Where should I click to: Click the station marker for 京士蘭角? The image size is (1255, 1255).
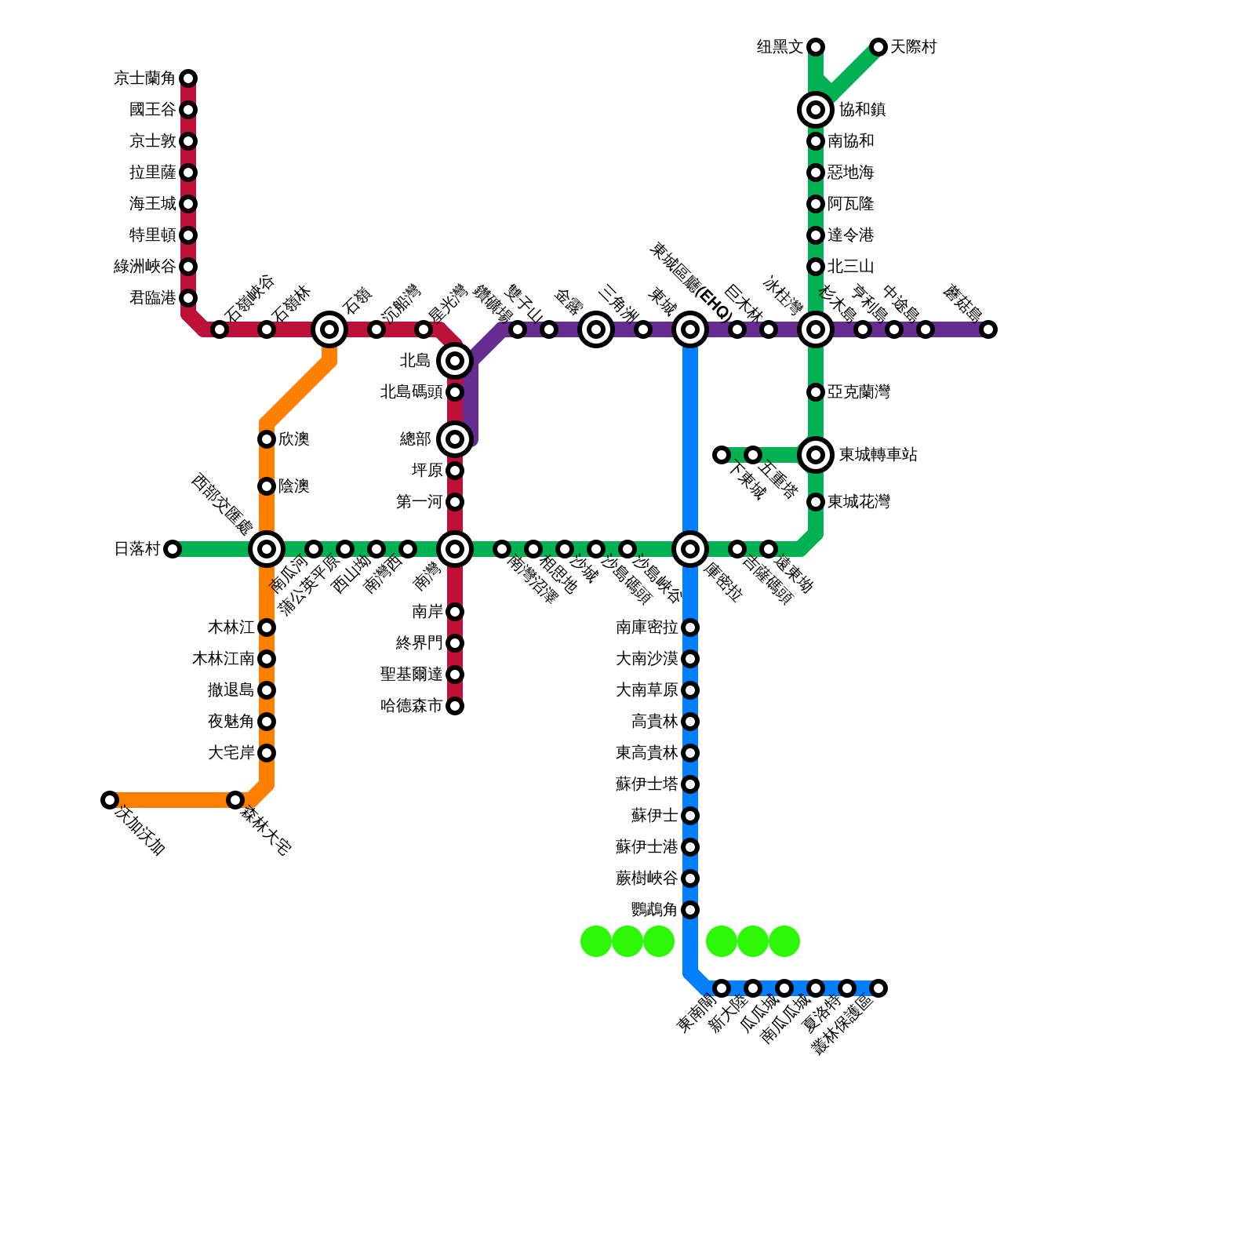[188, 78]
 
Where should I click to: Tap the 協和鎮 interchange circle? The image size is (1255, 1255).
[816, 110]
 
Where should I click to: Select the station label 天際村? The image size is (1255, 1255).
[913, 47]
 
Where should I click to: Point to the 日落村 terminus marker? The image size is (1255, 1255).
[173, 549]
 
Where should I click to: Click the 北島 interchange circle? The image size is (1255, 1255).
[455, 361]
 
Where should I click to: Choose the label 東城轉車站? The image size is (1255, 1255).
[878, 455]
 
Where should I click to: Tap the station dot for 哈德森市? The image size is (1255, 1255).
[455, 706]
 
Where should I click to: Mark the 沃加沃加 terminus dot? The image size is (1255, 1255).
[110, 800]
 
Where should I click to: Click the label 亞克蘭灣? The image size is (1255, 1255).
[858, 392]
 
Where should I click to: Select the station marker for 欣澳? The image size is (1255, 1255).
[267, 439]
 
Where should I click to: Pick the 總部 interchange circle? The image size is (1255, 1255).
[455, 439]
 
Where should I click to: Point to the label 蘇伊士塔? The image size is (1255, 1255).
[646, 784]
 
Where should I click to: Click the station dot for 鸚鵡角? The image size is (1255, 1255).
[690, 910]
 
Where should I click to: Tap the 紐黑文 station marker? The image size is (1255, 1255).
[816, 47]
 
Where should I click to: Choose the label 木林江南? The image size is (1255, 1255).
[224, 659]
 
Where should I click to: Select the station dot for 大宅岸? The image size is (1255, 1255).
[267, 753]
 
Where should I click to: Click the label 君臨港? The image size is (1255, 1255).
[153, 298]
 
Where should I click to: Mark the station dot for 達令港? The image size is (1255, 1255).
[816, 235]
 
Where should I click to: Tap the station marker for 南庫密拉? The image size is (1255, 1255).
[690, 627]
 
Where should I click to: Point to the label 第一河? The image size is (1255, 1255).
[420, 502]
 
